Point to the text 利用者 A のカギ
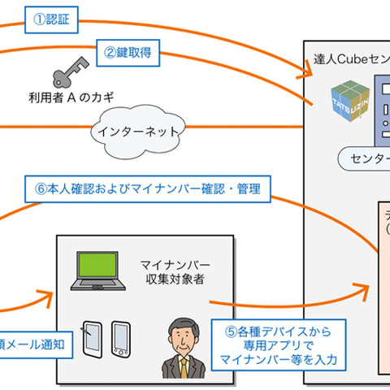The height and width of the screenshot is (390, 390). (x=67, y=99)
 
